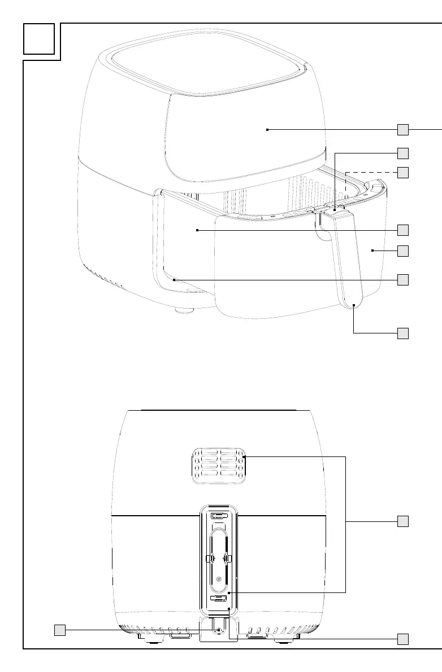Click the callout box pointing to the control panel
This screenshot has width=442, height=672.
click(402, 130)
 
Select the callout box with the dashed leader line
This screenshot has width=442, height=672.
click(402, 172)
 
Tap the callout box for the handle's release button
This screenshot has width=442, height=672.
click(402, 153)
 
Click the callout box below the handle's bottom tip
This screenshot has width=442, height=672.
click(402, 333)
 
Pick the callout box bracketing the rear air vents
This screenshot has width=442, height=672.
click(402, 521)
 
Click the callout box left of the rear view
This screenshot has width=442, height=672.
click(59, 629)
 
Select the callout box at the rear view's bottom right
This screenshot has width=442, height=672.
click(402, 639)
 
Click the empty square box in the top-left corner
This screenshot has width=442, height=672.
click(39, 39)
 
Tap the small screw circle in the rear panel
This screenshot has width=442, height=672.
click(219, 579)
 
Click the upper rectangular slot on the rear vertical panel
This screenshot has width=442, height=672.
click(219, 516)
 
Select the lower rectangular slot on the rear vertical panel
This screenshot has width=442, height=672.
click(219, 598)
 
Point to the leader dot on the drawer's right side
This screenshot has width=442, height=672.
click(372, 250)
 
